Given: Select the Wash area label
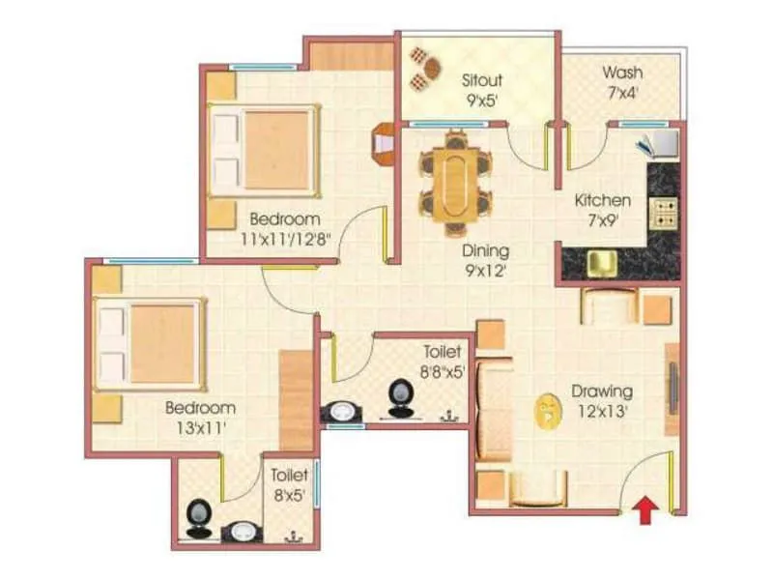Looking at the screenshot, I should pos(623,73).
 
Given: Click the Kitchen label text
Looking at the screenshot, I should pos(603,201).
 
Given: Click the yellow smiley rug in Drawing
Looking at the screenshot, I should pos(547,411).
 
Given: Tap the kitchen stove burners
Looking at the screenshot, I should pos(664,212).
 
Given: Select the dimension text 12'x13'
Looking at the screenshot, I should pos(602,410).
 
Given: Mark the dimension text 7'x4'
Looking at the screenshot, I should pos(622,95).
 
